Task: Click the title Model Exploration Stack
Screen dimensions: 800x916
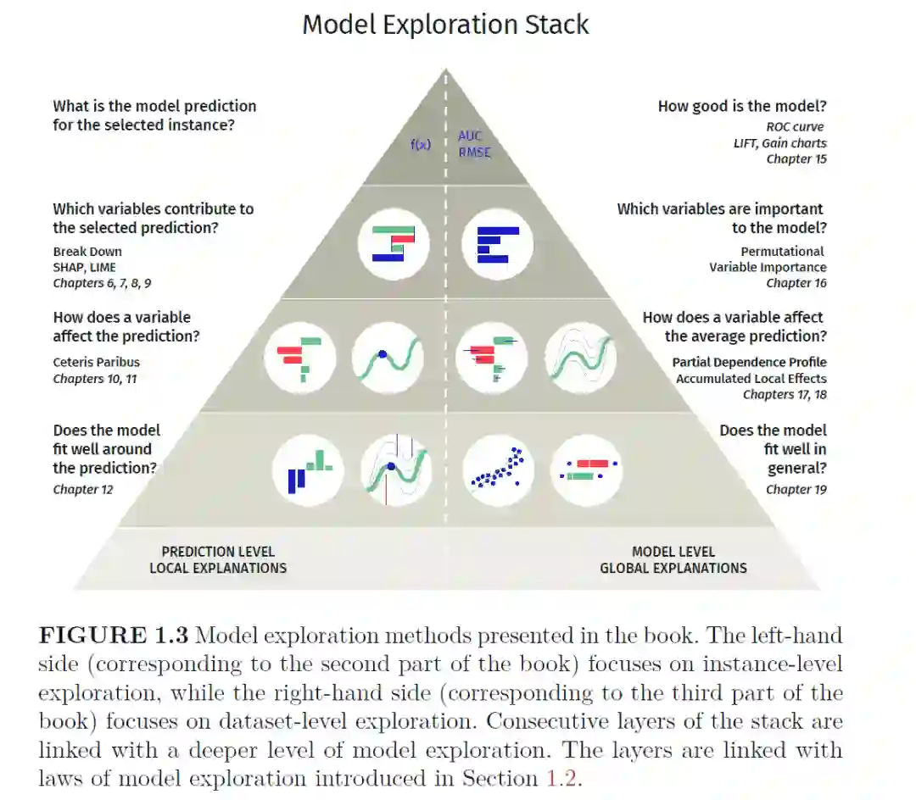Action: click(x=445, y=25)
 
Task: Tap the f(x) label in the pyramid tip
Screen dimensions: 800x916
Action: click(x=421, y=144)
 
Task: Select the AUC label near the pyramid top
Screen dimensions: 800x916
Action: click(x=470, y=136)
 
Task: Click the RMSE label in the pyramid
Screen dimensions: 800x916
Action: click(x=474, y=153)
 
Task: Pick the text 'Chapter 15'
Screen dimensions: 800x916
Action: click(x=796, y=158)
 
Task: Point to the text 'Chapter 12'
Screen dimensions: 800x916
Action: click(x=82, y=489)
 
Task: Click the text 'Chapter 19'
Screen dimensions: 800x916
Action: click(x=796, y=489)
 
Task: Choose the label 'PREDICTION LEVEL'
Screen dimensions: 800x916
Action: click(x=218, y=552)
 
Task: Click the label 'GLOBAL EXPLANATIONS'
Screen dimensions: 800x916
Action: click(x=673, y=568)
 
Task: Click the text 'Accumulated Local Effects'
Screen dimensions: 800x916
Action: click(x=751, y=378)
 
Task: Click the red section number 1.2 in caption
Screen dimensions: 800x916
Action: click(x=564, y=778)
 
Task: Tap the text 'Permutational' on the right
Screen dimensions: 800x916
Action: click(x=782, y=251)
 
